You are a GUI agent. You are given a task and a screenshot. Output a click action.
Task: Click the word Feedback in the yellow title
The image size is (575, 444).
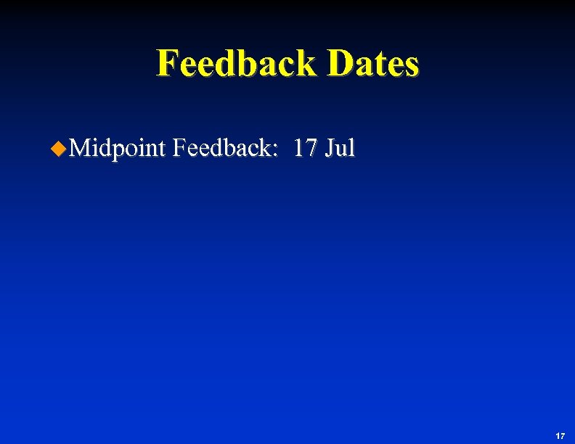237,63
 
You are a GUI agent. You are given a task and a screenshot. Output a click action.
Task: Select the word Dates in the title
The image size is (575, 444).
373,63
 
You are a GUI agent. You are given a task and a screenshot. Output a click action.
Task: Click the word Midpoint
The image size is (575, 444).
119,149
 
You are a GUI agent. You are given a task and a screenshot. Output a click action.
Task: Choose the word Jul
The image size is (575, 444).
340,148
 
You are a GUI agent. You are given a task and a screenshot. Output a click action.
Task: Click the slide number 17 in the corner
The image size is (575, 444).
560,435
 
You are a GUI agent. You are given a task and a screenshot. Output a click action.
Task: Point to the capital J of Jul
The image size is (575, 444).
331,148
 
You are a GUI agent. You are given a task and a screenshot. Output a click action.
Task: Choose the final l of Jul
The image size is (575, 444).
352,148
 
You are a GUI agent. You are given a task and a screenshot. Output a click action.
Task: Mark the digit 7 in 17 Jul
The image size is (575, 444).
311,148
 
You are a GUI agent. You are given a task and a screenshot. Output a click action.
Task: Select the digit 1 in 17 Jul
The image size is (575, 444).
299,148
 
